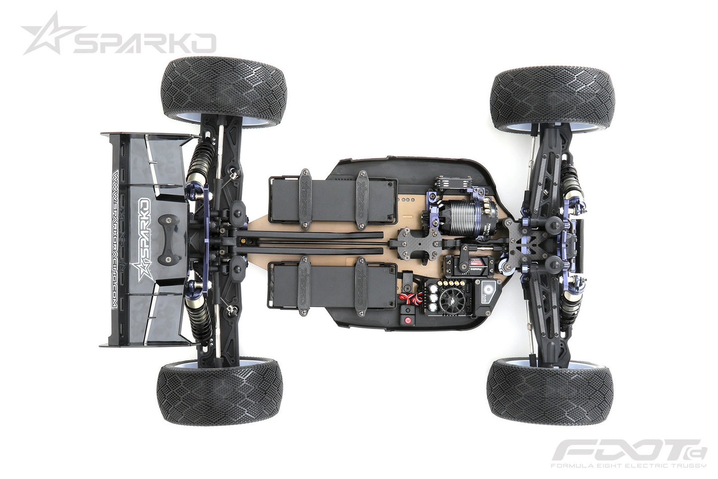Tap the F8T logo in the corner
pos(629,451)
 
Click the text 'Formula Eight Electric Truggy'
pos(628,466)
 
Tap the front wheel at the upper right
pos(553,99)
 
